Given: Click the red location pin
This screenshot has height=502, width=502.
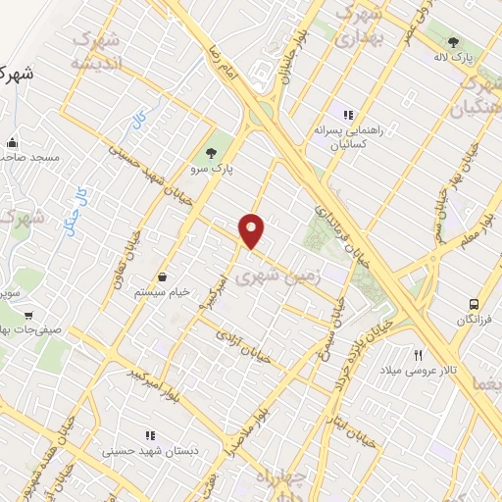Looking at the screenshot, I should (252, 230).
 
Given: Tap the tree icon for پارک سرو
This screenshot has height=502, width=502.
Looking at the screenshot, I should (210, 152).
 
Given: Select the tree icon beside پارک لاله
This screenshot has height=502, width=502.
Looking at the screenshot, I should (453, 42).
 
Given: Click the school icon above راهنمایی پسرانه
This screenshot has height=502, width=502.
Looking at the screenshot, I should (347, 115).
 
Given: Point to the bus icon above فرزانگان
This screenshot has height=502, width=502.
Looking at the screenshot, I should (475, 304).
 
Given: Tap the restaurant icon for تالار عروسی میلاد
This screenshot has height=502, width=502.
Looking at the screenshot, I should (419, 355).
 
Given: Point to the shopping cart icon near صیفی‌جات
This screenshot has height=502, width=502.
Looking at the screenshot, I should (28, 316).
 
